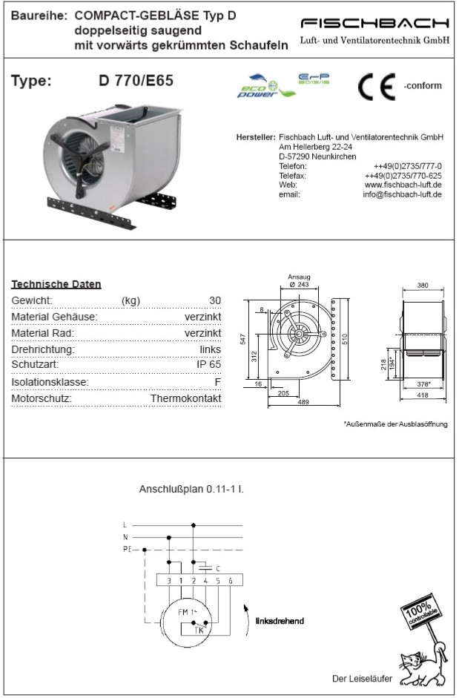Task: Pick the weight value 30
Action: pos(215,300)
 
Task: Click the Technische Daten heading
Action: pos(56,284)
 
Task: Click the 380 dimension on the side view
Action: pos(423,285)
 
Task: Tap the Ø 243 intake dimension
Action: pos(298,285)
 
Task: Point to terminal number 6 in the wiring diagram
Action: pos(231,581)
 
